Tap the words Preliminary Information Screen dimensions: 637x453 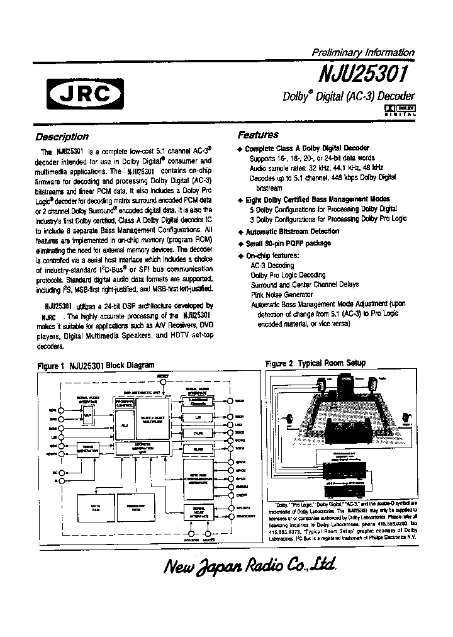coord(363,53)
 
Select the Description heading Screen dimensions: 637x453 coord(62,137)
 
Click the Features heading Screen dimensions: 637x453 coord(258,135)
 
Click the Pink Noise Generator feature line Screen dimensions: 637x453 coord(281,295)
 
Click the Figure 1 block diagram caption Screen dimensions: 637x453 coord(96,365)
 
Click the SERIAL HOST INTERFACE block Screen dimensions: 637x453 coord(199,510)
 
